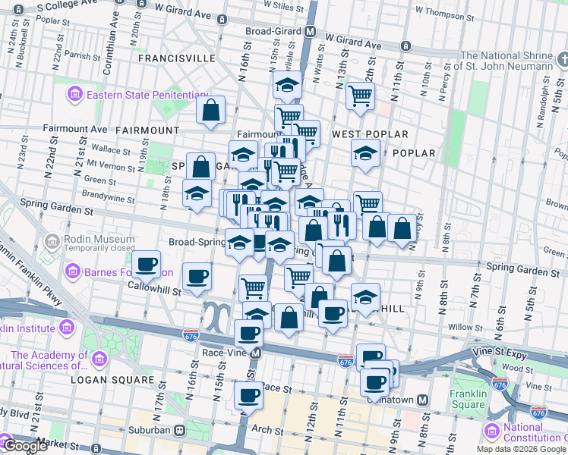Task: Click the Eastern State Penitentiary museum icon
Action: (75, 95)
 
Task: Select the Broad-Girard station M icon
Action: (310, 32)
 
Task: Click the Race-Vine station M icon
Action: (257, 353)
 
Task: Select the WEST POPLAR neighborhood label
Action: (360, 134)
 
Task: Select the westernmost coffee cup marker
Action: (147, 265)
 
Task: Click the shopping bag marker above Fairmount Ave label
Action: (210, 109)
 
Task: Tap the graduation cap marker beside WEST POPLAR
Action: (366, 152)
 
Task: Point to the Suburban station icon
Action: (180, 430)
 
